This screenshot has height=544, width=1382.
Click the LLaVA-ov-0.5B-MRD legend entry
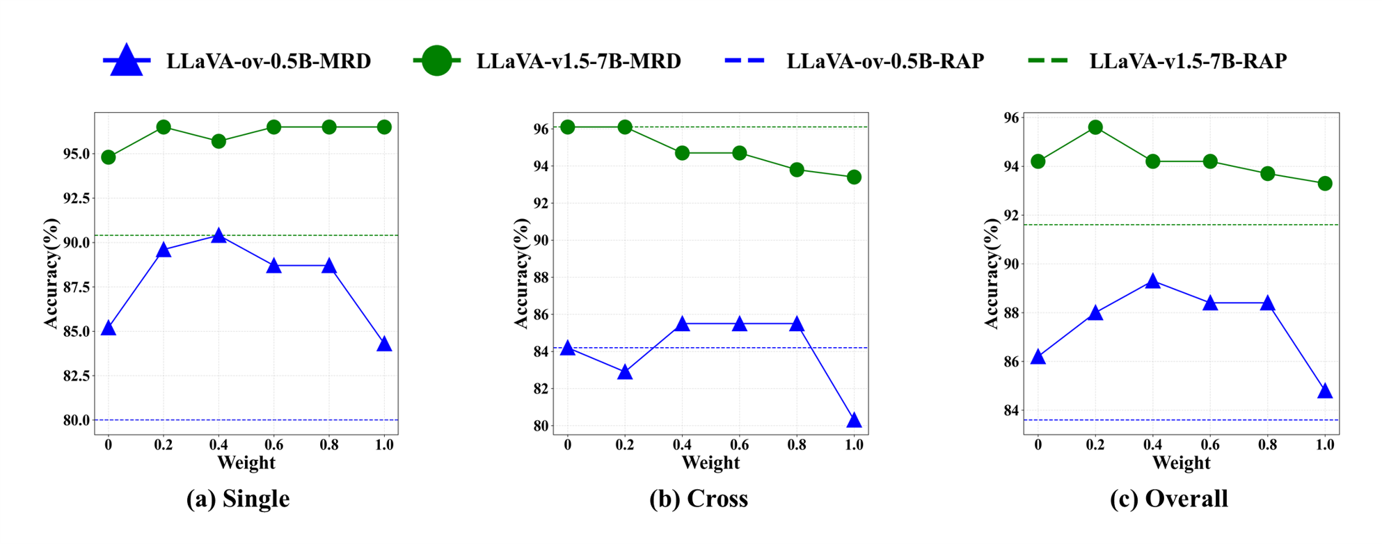pyautogui.click(x=237, y=61)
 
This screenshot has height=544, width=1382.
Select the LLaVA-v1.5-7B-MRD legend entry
pyautogui.click(x=547, y=61)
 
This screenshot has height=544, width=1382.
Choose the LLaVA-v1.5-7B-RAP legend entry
pyautogui.click(x=1158, y=61)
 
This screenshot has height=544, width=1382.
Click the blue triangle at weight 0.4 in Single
pyautogui.click(x=219, y=237)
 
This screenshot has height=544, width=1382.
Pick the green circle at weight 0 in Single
pyautogui.click(x=108, y=157)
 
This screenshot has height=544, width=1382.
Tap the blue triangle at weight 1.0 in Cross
pyautogui.click(x=854, y=420)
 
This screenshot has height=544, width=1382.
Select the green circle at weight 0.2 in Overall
pyautogui.click(x=1095, y=127)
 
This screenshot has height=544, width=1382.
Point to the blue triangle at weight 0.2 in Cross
pyautogui.click(x=625, y=372)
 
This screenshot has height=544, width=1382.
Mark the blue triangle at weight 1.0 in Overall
pyautogui.click(x=1325, y=391)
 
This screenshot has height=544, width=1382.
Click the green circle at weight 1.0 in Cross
pyautogui.click(x=854, y=177)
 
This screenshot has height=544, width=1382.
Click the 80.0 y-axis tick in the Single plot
pyautogui.click(x=77, y=420)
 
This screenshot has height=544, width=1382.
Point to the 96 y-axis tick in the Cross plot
pyautogui.click(x=540, y=129)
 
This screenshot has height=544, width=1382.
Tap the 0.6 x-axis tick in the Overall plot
pyautogui.click(x=1210, y=445)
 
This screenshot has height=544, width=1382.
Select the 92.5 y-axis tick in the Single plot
pyautogui.click(x=77, y=198)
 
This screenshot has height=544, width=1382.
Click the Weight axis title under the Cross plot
pyautogui.click(x=710, y=463)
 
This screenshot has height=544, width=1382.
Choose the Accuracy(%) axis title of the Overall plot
pyautogui.click(x=992, y=273)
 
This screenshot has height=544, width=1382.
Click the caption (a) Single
pyautogui.click(x=238, y=499)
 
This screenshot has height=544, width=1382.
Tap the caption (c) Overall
pyautogui.click(x=1169, y=499)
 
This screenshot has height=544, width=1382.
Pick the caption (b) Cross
pyautogui.click(x=699, y=499)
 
